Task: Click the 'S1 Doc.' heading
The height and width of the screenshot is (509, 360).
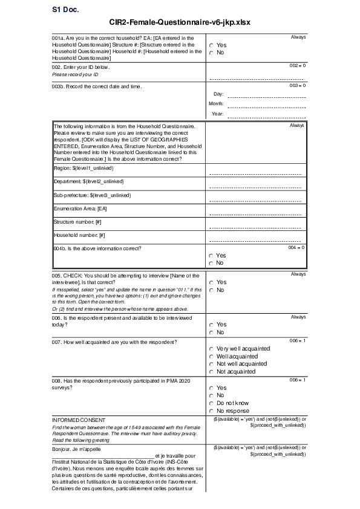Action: (65, 10)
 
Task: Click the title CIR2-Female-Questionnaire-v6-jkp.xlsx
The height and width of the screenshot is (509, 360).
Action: (180, 22)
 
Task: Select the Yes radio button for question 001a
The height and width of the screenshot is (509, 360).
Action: (211, 45)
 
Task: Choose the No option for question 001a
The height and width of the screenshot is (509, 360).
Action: (211, 53)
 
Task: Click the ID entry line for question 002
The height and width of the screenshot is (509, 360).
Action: (256, 79)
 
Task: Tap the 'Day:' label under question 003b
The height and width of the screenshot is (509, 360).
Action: (219, 94)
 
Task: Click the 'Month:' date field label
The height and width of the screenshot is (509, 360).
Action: (216, 104)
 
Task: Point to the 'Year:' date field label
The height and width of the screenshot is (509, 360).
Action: (218, 114)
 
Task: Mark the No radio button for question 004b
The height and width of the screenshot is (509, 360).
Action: (211, 263)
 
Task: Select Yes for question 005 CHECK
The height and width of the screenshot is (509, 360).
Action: (211, 282)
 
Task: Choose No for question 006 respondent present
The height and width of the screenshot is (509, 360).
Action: (211, 332)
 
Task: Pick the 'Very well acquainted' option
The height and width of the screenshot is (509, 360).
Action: (211, 349)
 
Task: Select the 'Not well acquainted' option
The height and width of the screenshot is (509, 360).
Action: (211, 364)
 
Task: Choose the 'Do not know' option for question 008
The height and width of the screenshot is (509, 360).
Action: (211, 403)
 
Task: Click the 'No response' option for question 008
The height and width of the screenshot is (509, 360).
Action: (211, 411)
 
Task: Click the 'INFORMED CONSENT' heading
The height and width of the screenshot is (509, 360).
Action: (79, 420)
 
